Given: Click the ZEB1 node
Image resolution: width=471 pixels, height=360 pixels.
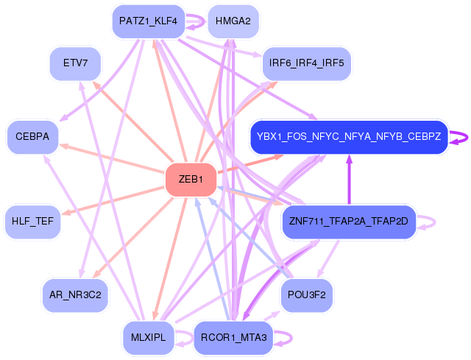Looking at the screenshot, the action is (x=191, y=180).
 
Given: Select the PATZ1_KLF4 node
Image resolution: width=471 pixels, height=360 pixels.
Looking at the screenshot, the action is (x=148, y=21).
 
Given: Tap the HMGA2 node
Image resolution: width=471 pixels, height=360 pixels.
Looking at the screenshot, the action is (x=233, y=21).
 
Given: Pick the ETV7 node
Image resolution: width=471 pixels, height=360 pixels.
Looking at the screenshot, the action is (x=75, y=63).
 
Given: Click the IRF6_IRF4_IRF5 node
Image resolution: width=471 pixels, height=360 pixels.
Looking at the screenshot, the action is (x=306, y=63).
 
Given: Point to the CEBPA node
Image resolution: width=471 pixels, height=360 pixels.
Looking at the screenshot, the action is (x=32, y=137).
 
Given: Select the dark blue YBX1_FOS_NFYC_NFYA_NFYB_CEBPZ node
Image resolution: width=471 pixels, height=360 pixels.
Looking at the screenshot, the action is (x=349, y=137).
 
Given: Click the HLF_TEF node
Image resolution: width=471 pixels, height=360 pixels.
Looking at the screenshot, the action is (x=32, y=222).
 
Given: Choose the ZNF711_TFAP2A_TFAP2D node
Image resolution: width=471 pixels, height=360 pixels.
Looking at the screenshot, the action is (x=349, y=222).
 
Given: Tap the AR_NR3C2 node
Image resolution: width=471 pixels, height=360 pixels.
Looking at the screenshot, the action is (x=75, y=295).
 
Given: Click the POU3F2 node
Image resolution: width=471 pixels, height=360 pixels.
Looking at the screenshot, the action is (x=306, y=295).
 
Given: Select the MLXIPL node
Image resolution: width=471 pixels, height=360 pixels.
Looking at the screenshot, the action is (x=148, y=338).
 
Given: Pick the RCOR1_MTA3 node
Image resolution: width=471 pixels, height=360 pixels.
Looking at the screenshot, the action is (x=233, y=338).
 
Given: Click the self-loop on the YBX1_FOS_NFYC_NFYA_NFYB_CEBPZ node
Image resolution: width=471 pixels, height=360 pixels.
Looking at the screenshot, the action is (x=467, y=138).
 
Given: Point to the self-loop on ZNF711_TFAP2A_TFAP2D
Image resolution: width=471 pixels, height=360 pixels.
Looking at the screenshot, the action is (x=434, y=222).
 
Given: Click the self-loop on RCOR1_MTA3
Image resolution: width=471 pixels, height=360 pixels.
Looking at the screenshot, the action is (x=291, y=338).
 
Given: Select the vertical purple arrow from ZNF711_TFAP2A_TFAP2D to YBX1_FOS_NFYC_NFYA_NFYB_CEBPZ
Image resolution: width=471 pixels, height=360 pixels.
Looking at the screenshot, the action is (x=349, y=180).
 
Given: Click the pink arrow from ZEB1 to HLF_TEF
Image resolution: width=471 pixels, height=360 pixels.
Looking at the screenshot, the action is (x=113, y=201).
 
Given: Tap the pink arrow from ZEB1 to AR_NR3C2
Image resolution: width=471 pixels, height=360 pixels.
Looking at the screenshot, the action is (x=133, y=237).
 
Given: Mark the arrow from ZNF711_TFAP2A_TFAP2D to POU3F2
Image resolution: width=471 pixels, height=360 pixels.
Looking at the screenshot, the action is (x=328, y=258).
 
